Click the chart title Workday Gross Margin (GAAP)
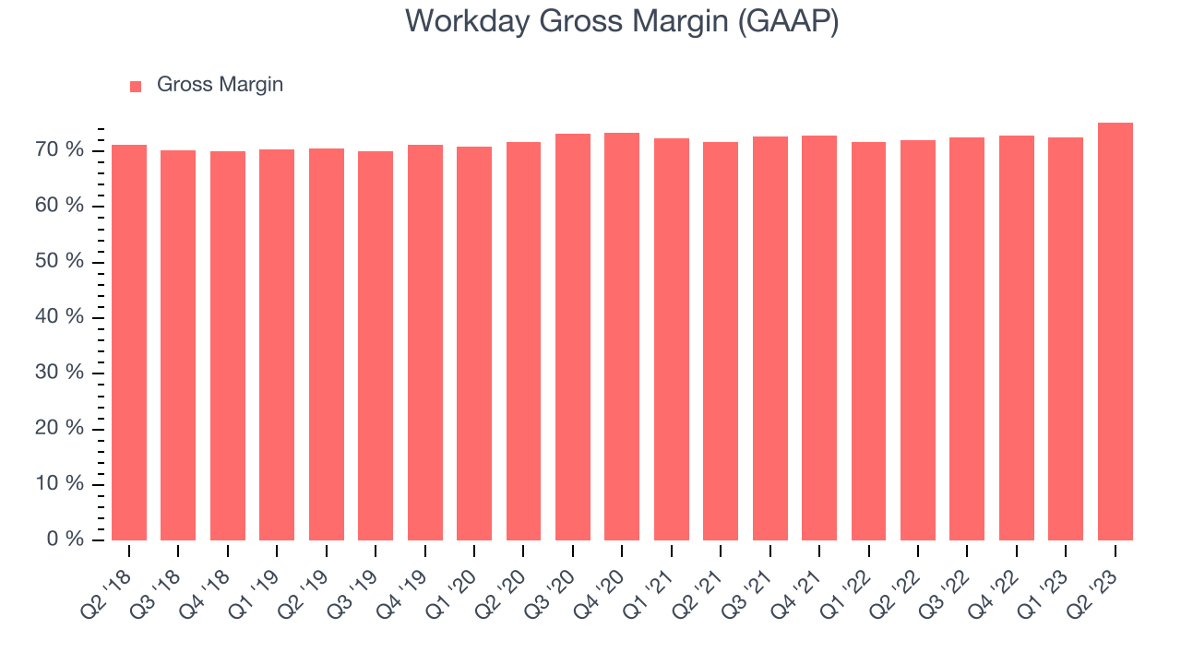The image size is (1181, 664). tap(621, 21)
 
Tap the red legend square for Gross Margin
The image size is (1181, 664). tap(136, 86)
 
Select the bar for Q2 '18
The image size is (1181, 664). tap(129, 341)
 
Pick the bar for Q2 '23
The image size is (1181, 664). tap(1115, 332)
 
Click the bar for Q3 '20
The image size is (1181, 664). tap(573, 337)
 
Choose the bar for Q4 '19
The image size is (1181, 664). tap(425, 341)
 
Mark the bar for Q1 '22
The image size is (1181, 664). tap(868, 341)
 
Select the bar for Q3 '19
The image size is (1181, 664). tap(376, 346)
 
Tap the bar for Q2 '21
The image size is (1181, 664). tap(721, 341)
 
